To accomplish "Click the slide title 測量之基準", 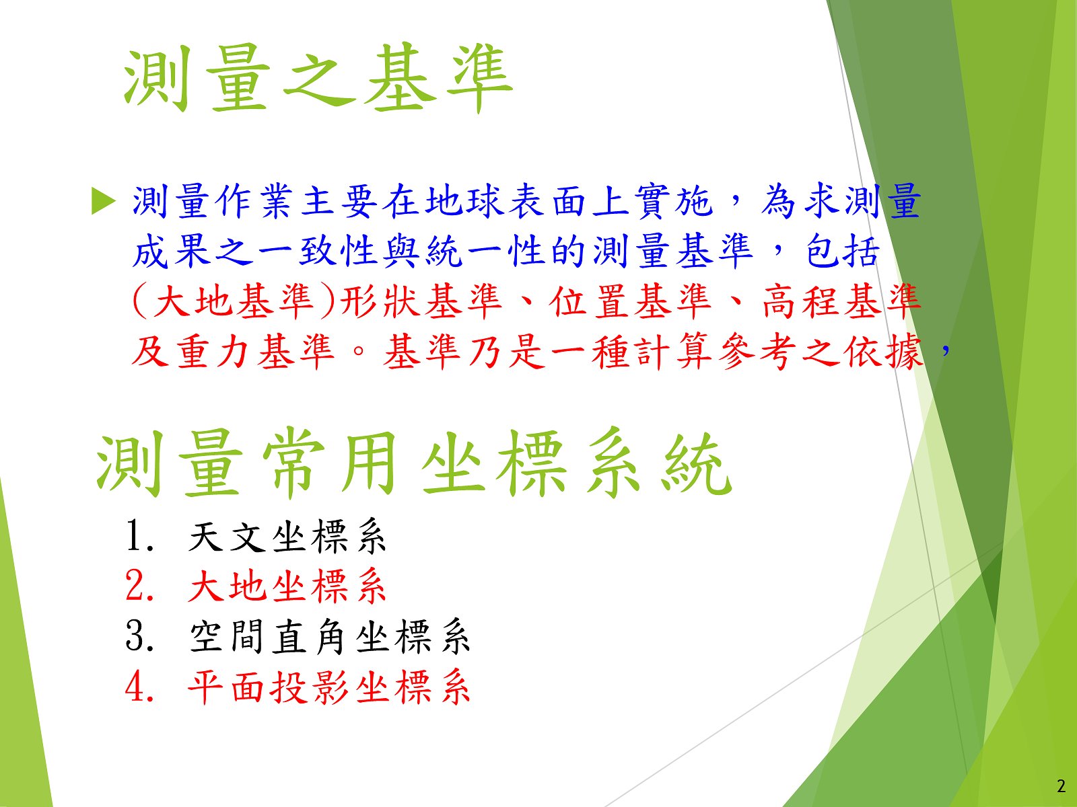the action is point(318,79).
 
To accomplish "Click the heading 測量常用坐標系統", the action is point(414,463).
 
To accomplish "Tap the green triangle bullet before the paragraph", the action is point(104,201).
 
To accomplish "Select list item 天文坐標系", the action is point(287,537).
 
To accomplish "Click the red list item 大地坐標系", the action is point(287,586).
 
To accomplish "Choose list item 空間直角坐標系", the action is point(329,636).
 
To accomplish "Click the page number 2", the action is point(1062,786).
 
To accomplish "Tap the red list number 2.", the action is point(139,586).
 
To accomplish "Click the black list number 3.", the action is point(139,636).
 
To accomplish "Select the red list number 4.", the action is point(139,687).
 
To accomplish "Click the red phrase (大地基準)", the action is point(234,301).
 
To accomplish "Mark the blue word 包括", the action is point(842,252).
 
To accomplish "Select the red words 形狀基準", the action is point(421,301).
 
